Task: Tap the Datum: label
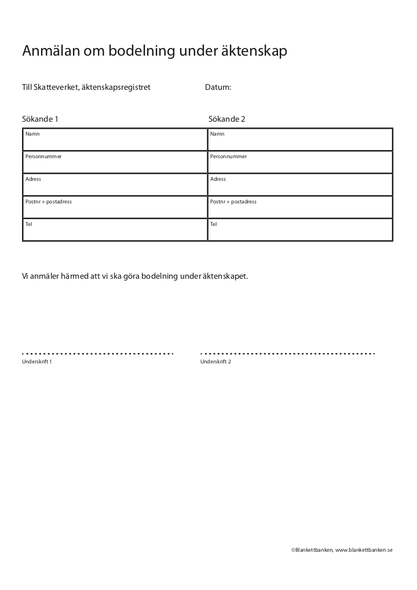[218, 88]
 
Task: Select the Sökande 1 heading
[41, 119]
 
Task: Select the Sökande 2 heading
[227, 119]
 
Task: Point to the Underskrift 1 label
[37, 362]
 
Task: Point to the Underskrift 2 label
[216, 362]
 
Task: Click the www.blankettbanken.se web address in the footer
[364, 549]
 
